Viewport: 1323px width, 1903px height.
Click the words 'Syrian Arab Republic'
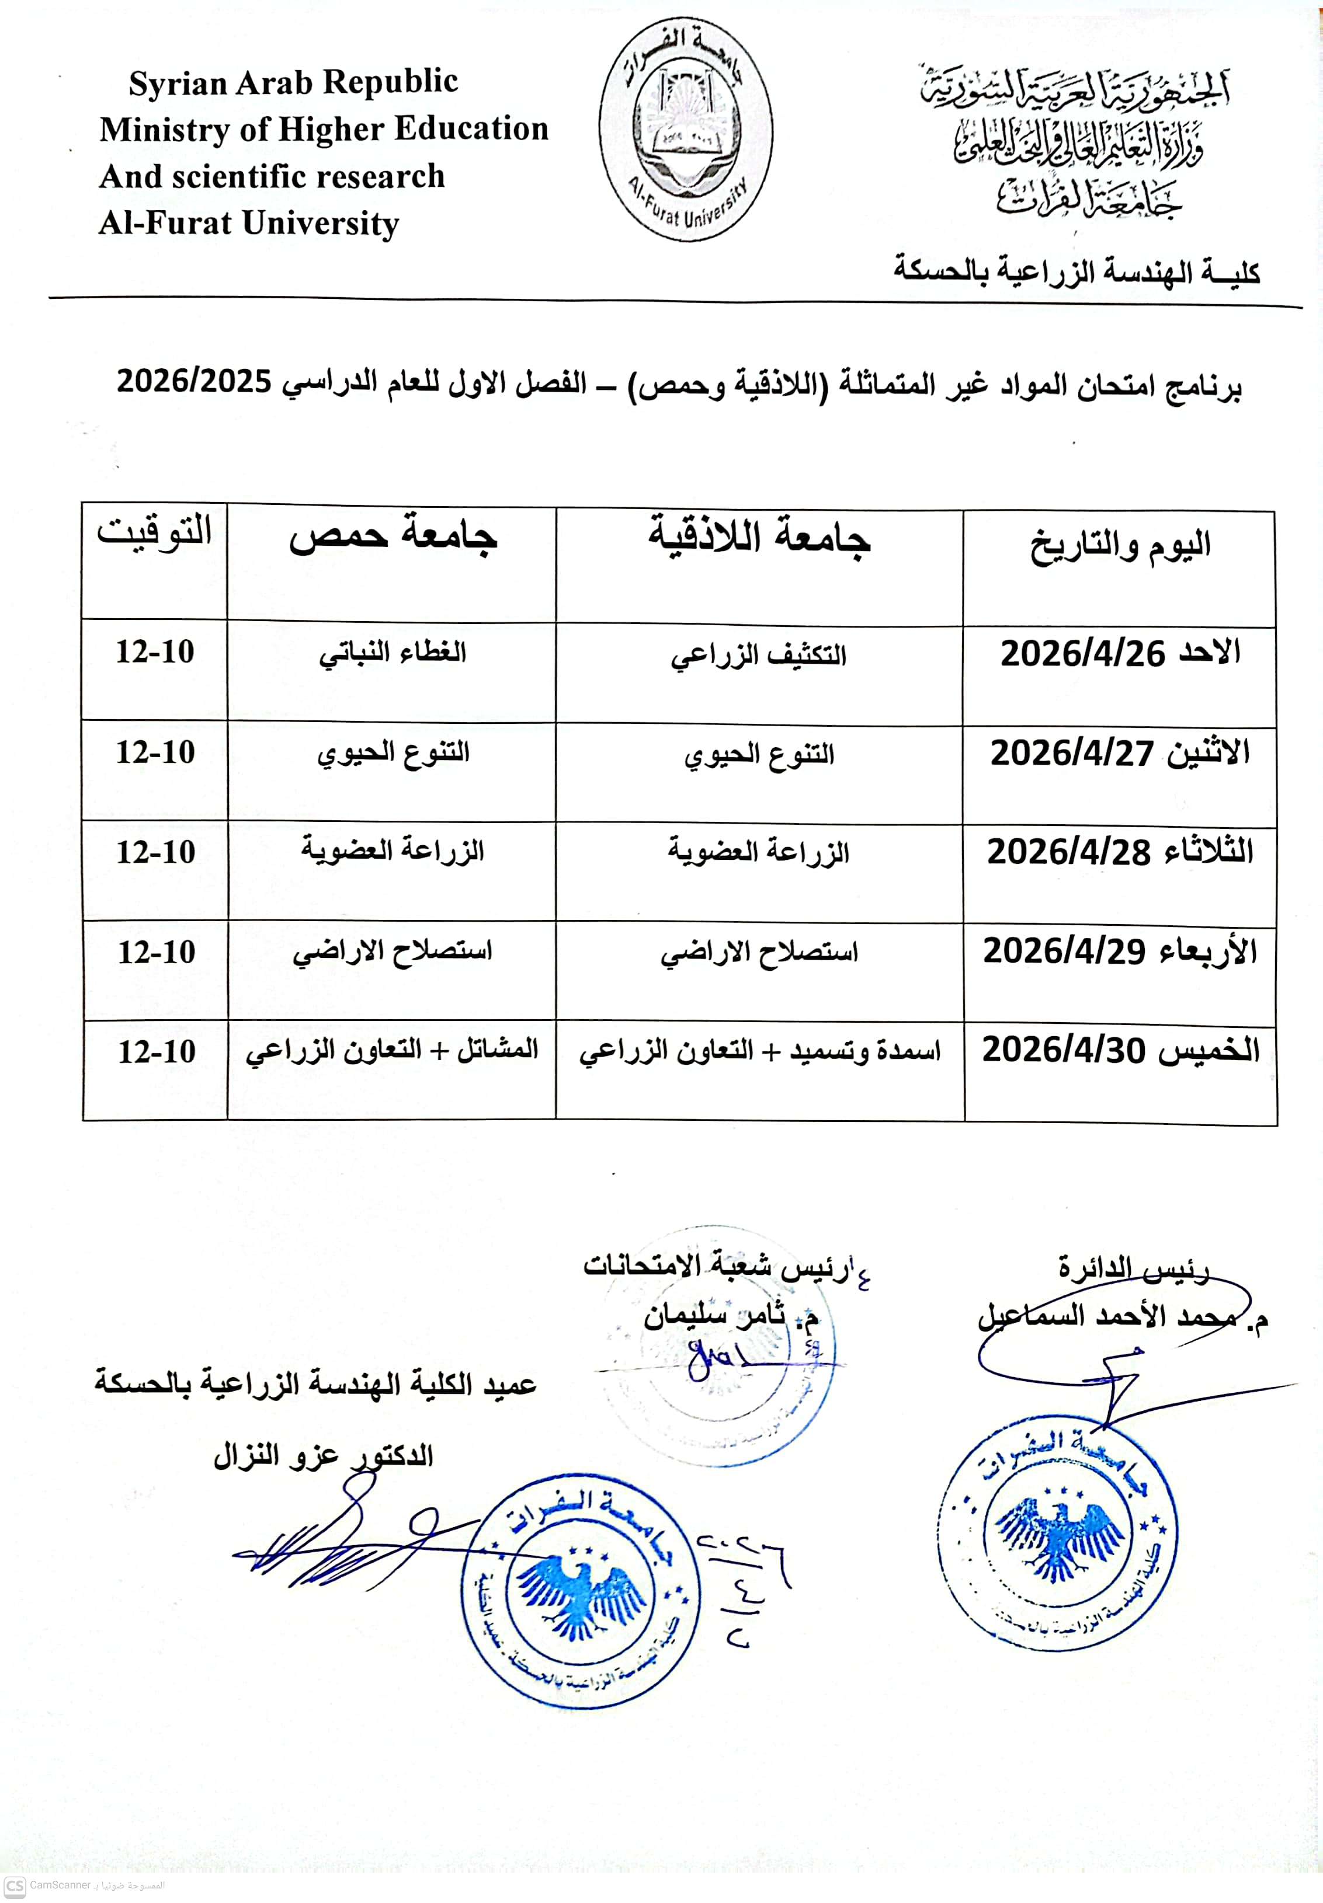[293, 82]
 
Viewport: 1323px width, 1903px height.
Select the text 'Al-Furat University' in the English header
[249, 223]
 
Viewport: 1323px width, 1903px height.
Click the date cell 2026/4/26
[1120, 654]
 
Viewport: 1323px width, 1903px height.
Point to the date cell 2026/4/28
[1120, 852]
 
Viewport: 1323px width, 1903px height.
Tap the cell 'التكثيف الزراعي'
[759, 656]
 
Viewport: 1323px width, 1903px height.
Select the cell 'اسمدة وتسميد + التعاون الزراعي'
[759, 1051]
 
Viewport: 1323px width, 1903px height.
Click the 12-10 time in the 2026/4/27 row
[155, 752]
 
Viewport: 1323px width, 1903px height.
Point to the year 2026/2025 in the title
[194, 382]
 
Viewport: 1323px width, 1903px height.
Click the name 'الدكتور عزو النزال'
[323, 1456]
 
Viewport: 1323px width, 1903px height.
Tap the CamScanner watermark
[83, 1885]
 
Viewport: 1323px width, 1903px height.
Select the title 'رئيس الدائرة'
[1133, 1267]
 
